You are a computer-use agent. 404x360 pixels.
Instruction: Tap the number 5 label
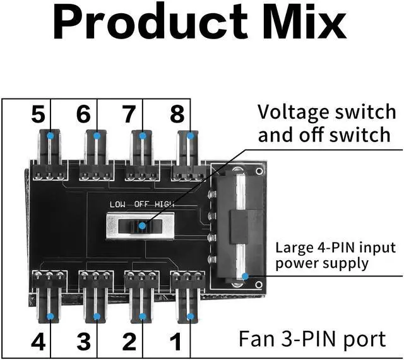(38, 115)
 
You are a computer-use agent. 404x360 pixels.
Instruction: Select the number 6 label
(83, 115)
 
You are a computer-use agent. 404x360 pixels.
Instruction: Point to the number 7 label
(129, 115)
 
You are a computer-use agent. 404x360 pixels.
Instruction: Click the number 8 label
(177, 115)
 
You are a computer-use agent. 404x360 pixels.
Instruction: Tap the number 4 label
(38, 342)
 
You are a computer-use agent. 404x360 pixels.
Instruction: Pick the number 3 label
(83, 342)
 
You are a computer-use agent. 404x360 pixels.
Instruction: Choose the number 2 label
(129, 342)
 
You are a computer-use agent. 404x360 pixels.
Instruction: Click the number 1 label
(177, 342)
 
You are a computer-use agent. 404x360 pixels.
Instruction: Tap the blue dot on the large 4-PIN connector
(244, 275)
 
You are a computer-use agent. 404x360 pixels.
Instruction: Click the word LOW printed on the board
(118, 204)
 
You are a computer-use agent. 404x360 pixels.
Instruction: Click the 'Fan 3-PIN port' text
(312, 339)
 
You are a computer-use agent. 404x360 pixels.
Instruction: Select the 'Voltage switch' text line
(326, 112)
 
